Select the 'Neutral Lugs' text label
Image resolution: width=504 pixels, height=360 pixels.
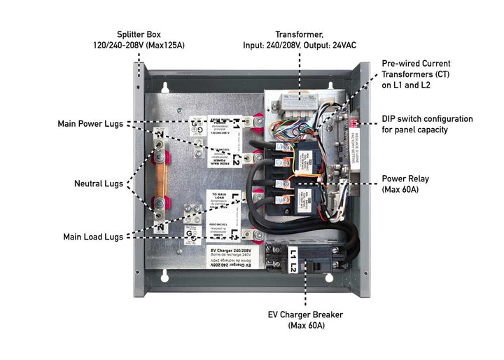[99, 184]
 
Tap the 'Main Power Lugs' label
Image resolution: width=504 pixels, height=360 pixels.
[91, 124]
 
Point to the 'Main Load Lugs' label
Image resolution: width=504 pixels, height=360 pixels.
[93, 237]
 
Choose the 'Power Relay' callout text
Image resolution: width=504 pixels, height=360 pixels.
[405, 184]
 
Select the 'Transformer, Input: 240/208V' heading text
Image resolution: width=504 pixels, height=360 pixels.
[299, 39]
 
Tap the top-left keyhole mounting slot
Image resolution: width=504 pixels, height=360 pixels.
[165, 88]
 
